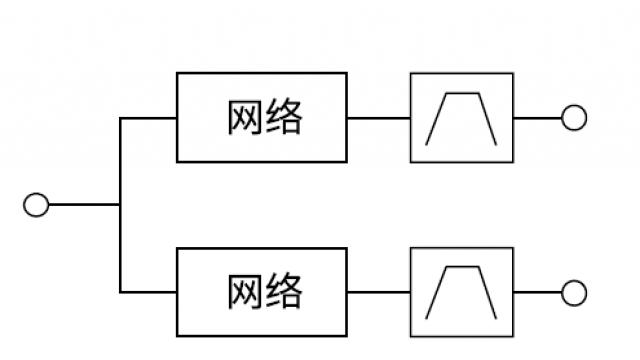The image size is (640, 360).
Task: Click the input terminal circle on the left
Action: [x=36, y=205]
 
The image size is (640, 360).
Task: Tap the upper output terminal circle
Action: [x=573, y=118]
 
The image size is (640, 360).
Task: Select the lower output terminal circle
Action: [x=573, y=292]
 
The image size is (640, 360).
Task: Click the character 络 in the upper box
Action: [x=284, y=118]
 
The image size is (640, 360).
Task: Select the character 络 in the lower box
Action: [x=284, y=292]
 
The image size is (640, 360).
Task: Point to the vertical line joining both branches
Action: [x=120, y=160]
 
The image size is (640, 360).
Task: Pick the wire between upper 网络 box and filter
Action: [x=379, y=118]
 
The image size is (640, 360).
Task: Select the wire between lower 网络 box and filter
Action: [x=379, y=292]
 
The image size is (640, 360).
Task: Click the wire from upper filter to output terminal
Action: [x=537, y=118]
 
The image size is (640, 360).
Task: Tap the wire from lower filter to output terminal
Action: [x=537, y=292]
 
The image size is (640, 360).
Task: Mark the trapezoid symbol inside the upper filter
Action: [x=461, y=118]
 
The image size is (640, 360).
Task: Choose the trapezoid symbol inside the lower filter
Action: [x=461, y=292]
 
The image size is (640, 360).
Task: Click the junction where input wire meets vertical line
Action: [x=120, y=205]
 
